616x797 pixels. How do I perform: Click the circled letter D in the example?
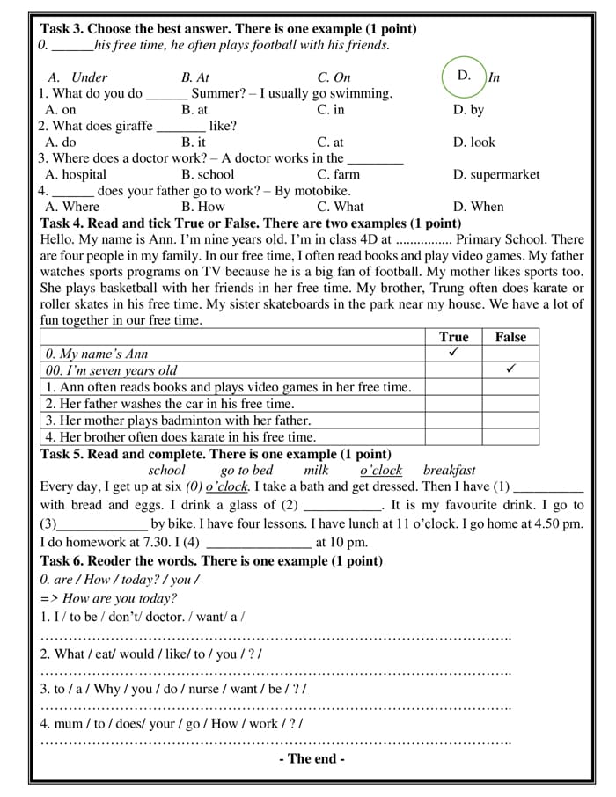tap(465, 76)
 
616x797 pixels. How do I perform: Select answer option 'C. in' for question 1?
tap(331, 110)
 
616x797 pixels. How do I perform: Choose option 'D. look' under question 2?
tap(474, 142)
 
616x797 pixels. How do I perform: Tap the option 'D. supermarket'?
tap(496, 174)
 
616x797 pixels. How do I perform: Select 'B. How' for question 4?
tap(203, 207)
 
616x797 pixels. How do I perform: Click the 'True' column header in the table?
tap(454, 337)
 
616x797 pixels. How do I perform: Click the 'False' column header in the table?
tap(510, 337)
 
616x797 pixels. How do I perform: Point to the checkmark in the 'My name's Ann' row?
tap(454, 353)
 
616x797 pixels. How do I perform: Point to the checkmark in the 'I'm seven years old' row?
tap(510, 369)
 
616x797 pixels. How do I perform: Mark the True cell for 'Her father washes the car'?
tap(454, 403)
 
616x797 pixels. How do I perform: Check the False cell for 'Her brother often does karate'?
tap(510, 436)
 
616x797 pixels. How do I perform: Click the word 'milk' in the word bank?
tap(316, 471)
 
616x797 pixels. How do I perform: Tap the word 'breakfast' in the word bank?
tap(449, 471)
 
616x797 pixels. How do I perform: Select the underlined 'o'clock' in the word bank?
tap(381, 471)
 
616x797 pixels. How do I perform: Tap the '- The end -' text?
tap(312, 758)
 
